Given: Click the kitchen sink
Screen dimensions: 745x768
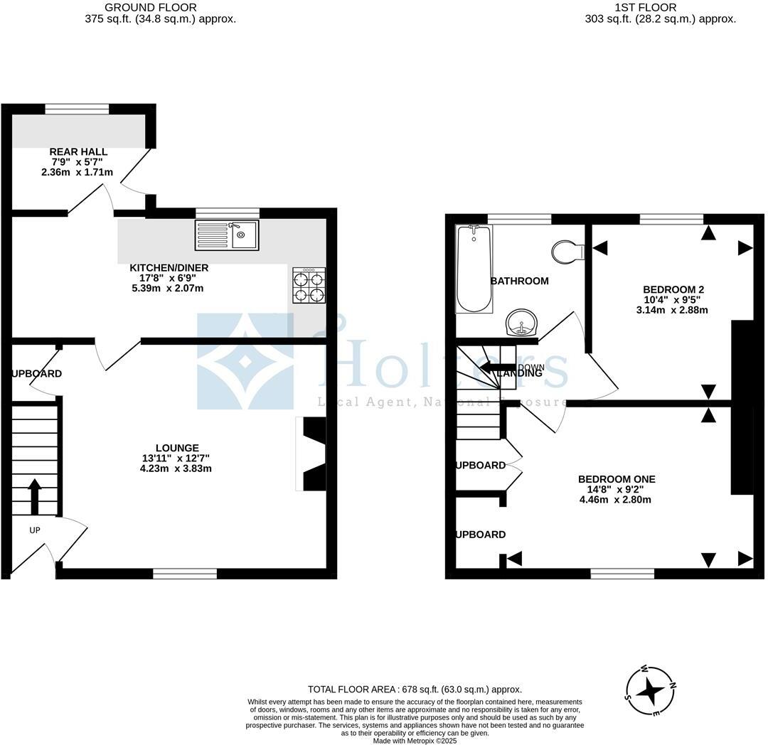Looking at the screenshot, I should pyautogui.click(x=228, y=235).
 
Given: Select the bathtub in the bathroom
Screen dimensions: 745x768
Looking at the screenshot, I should pyautogui.click(x=474, y=269).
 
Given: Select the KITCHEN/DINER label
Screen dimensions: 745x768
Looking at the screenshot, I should pyautogui.click(x=169, y=267).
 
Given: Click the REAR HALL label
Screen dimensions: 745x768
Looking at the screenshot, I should pyautogui.click(x=78, y=151).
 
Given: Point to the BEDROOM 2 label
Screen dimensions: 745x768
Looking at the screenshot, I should pyautogui.click(x=673, y=289).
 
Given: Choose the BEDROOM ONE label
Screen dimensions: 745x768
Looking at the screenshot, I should pyautogui.click(x=617, y=479).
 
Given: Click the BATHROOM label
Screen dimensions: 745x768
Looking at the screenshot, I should pyautogui.click(x=520, y=281).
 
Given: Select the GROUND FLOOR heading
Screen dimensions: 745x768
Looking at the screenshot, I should pyautogui.click(x=151, y=7).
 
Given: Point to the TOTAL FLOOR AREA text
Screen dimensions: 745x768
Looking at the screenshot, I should pyautogui.click(x=415, y=689).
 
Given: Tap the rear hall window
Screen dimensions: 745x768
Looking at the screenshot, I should pyautogui.click(x=77, y=109).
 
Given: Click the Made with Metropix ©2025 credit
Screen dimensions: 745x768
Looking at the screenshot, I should pyautogui.click(x=415, y=740).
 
